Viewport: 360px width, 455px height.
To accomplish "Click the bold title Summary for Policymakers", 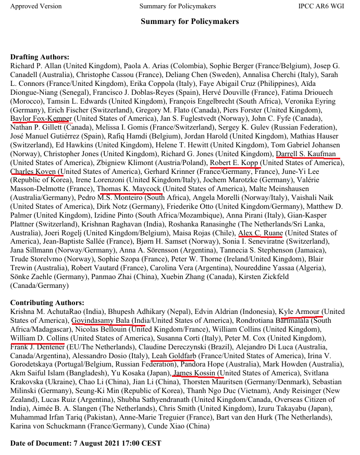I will (x=190, y=22).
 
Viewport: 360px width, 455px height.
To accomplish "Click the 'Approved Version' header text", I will (x=36, y=6).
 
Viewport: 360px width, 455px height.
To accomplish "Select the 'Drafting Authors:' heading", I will (x=40, y=57).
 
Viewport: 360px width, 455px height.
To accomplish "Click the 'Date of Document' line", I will (x=86, y=443).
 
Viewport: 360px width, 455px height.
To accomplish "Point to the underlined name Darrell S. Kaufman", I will (x=307, y=154).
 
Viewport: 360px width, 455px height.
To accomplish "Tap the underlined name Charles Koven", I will (x=34, y=172).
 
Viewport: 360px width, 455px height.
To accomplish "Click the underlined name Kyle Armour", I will (x=299, y=311).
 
